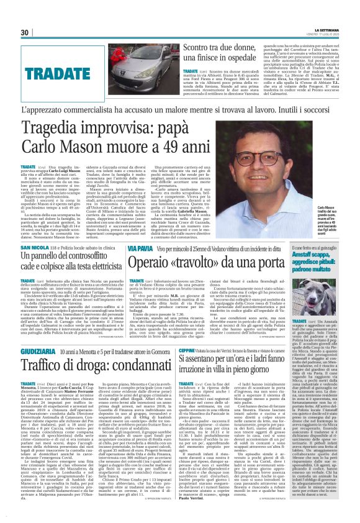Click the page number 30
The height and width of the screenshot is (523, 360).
click(x=25, y=32)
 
